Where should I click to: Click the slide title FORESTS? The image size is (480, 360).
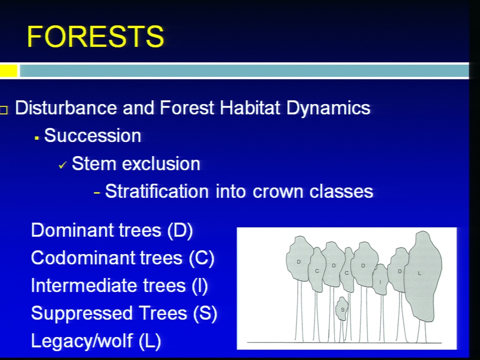pyautogui.click(x=95, y=36)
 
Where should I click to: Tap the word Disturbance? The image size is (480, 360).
pyautogui.click(x=66, y=108)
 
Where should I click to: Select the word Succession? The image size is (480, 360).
pyautogui.click(x=93, y=135)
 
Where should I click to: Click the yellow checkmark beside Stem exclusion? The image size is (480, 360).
pyautogui.click(x=62, y=165)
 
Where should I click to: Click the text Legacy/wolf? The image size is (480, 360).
pyautogui.click(x=81, y=341)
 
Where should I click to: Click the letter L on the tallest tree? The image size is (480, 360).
pyautogui.click(x=419, y=273)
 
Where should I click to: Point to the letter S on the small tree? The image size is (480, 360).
pyautogui.click(x=342, y=310)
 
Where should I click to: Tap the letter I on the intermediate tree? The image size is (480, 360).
pyautogui.click(x=380, y=282)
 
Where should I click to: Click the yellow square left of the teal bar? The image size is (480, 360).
pyautogui.click(x=8, y=71)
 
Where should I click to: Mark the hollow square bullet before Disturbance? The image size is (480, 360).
pyautogui.click(x=3, y=110)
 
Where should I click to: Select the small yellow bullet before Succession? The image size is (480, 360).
pyautogui.click(x=36, y=138)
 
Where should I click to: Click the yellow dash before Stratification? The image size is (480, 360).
pyautogui.click(x=97, y=193)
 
